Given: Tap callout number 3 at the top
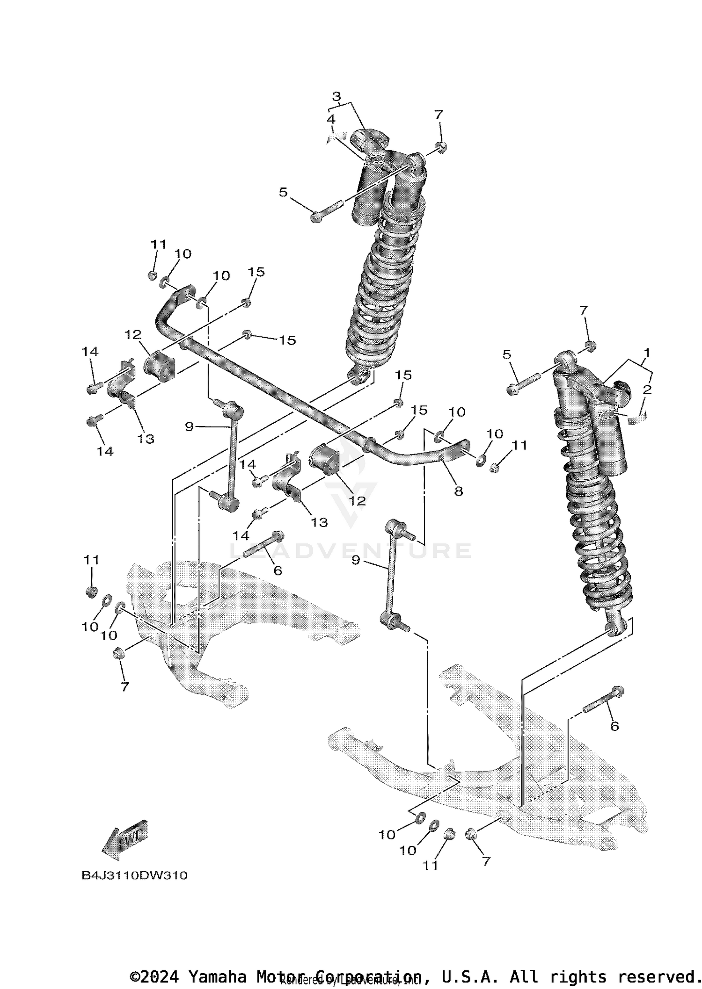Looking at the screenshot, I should tap(336, 97).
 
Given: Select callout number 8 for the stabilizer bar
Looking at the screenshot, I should tap(458, 491).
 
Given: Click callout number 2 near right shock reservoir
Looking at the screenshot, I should tap(647, 389).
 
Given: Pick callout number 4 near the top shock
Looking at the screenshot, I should tap(331, 119).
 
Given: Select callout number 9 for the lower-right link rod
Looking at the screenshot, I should tap(356, 560).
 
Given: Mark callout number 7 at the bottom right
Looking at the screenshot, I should tap(486, 861).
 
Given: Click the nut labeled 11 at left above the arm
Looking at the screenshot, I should tap(92, 592).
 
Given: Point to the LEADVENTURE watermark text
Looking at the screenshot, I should tap(351, 551).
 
